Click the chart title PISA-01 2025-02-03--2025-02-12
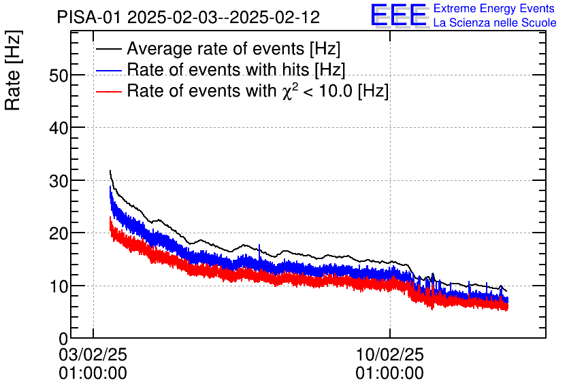point(188,18)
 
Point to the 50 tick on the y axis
point(58,75)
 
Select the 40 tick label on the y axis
point(58,128)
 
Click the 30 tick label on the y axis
point(58,180)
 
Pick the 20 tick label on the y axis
point(58,233)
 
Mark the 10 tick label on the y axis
point(58,286)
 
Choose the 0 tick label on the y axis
point(63,339)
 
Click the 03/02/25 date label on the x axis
point(93,354)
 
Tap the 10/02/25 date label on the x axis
point(389,354)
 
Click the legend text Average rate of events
point(233,50)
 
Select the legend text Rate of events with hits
point(235,70)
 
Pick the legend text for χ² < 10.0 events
point(257,91)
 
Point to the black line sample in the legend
point(109,50)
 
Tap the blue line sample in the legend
point(109,70)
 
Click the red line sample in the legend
point(109,91)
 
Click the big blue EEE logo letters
point(399,16)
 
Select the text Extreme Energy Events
point(493,9)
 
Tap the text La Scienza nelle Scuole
point(495,23)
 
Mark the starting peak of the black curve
point(110,171)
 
